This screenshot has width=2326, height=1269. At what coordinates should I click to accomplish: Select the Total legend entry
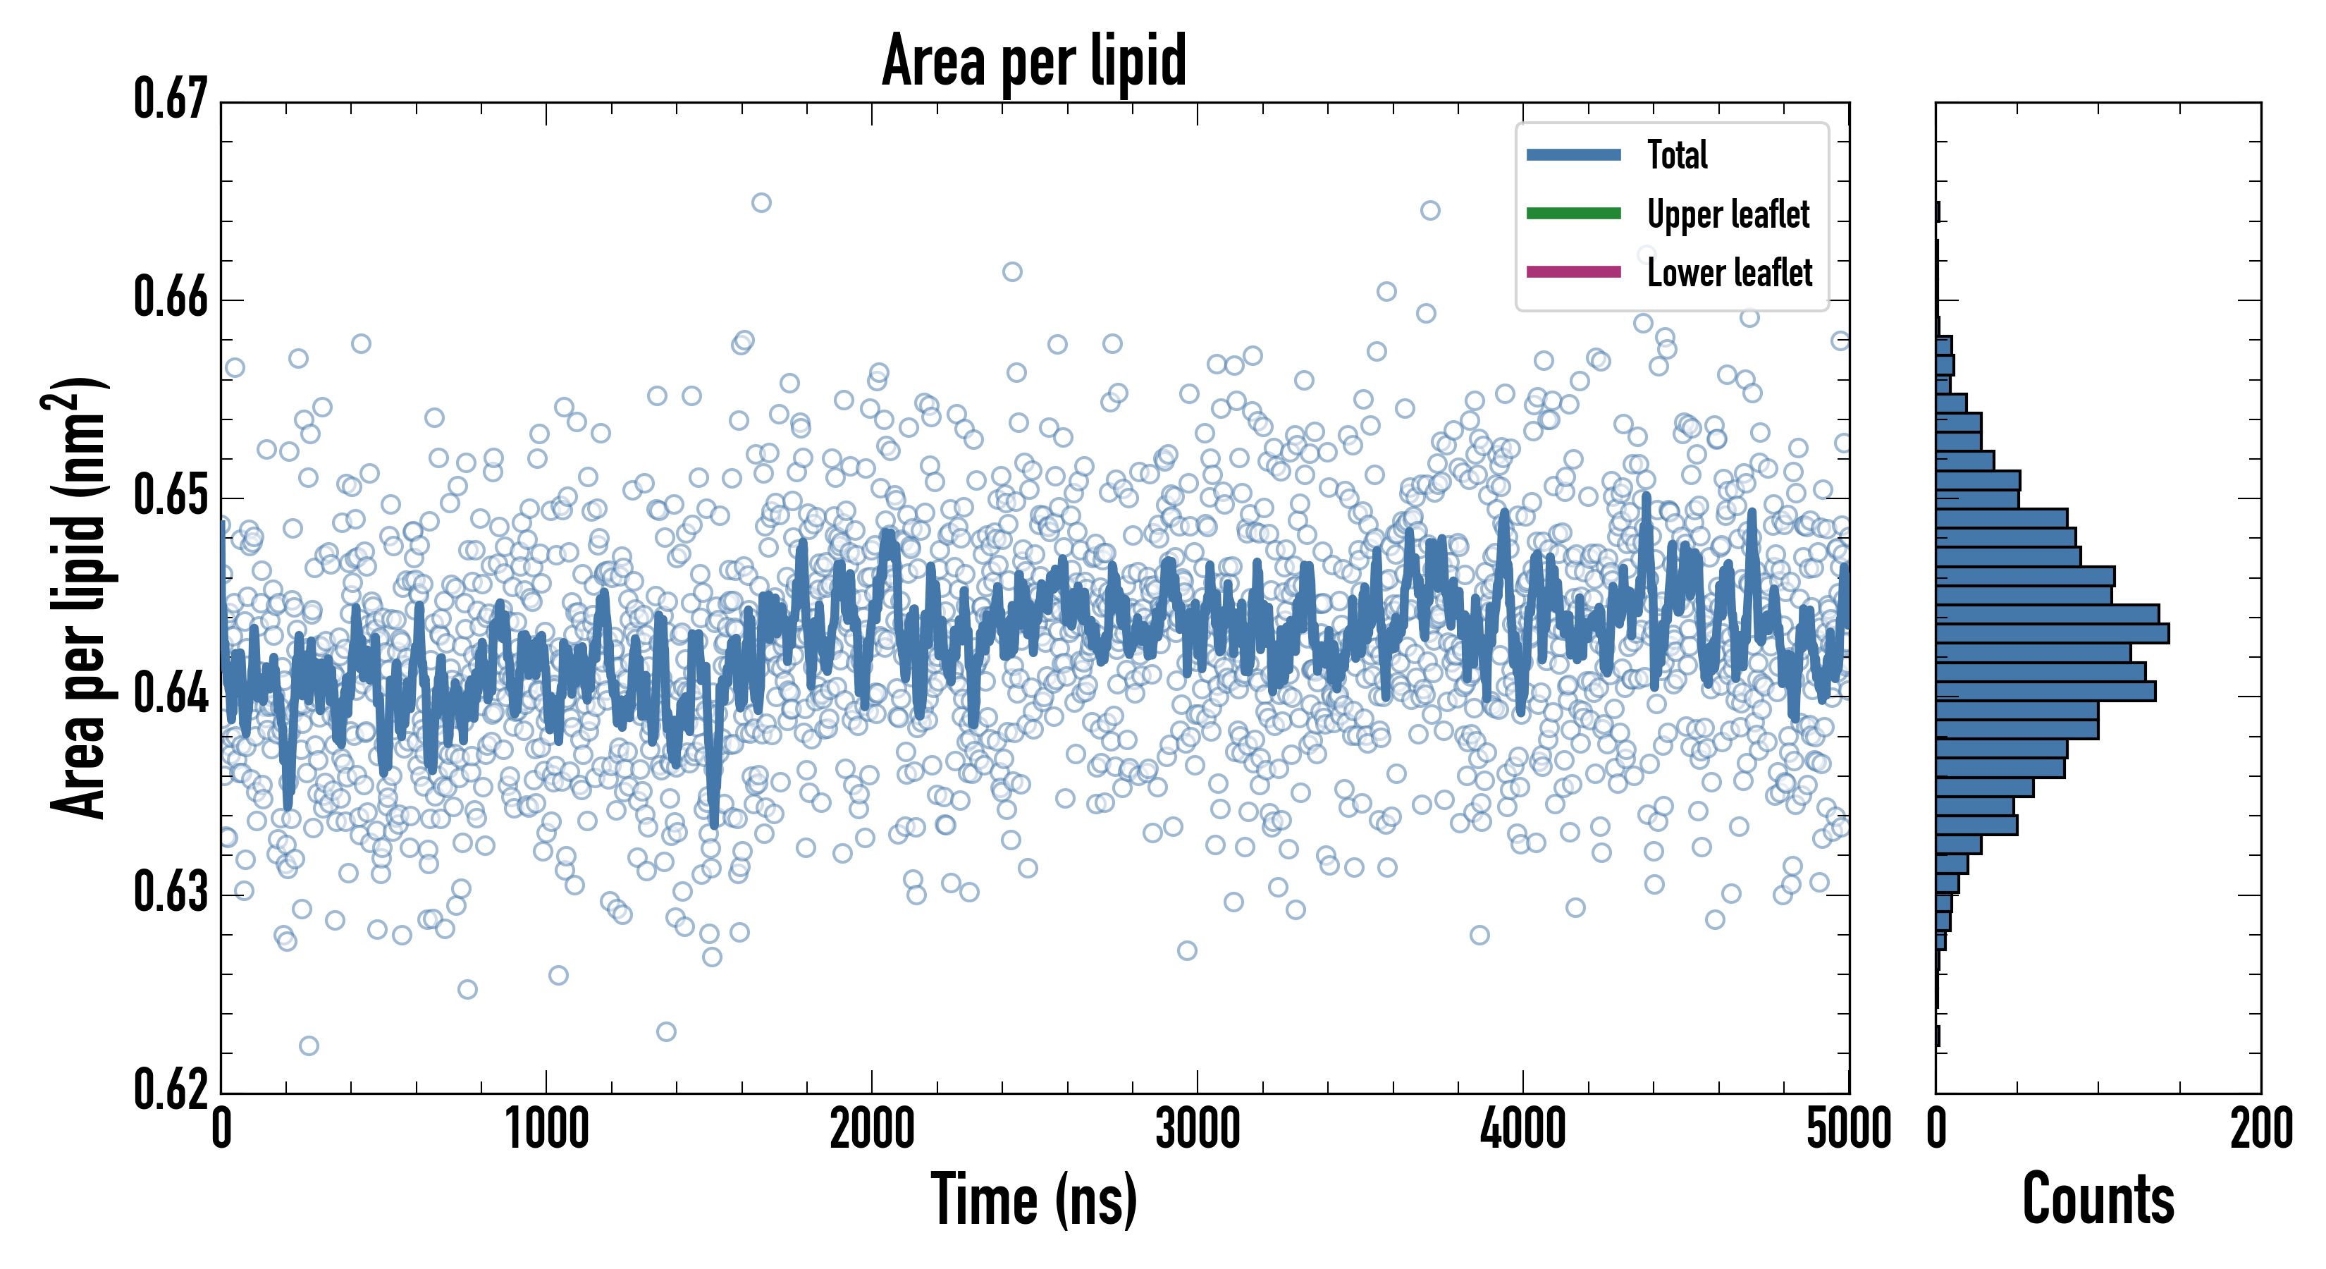(x=1677, y=154)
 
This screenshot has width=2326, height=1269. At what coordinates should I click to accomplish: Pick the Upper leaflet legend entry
(x=1728, y=214)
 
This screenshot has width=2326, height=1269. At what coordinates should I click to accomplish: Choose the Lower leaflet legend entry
(x=1729, y=273)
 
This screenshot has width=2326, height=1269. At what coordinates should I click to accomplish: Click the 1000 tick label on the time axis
(x=546, y=1129)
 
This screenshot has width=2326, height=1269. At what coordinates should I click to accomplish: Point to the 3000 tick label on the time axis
(x=1198, y=1129)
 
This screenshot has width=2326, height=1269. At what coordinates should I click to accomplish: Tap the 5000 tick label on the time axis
(x=1848, y=1129)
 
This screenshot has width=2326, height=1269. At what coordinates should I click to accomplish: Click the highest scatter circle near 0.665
(x=761, y=202)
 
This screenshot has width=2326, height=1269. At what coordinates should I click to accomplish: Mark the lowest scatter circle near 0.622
(x=309, y=1046)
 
